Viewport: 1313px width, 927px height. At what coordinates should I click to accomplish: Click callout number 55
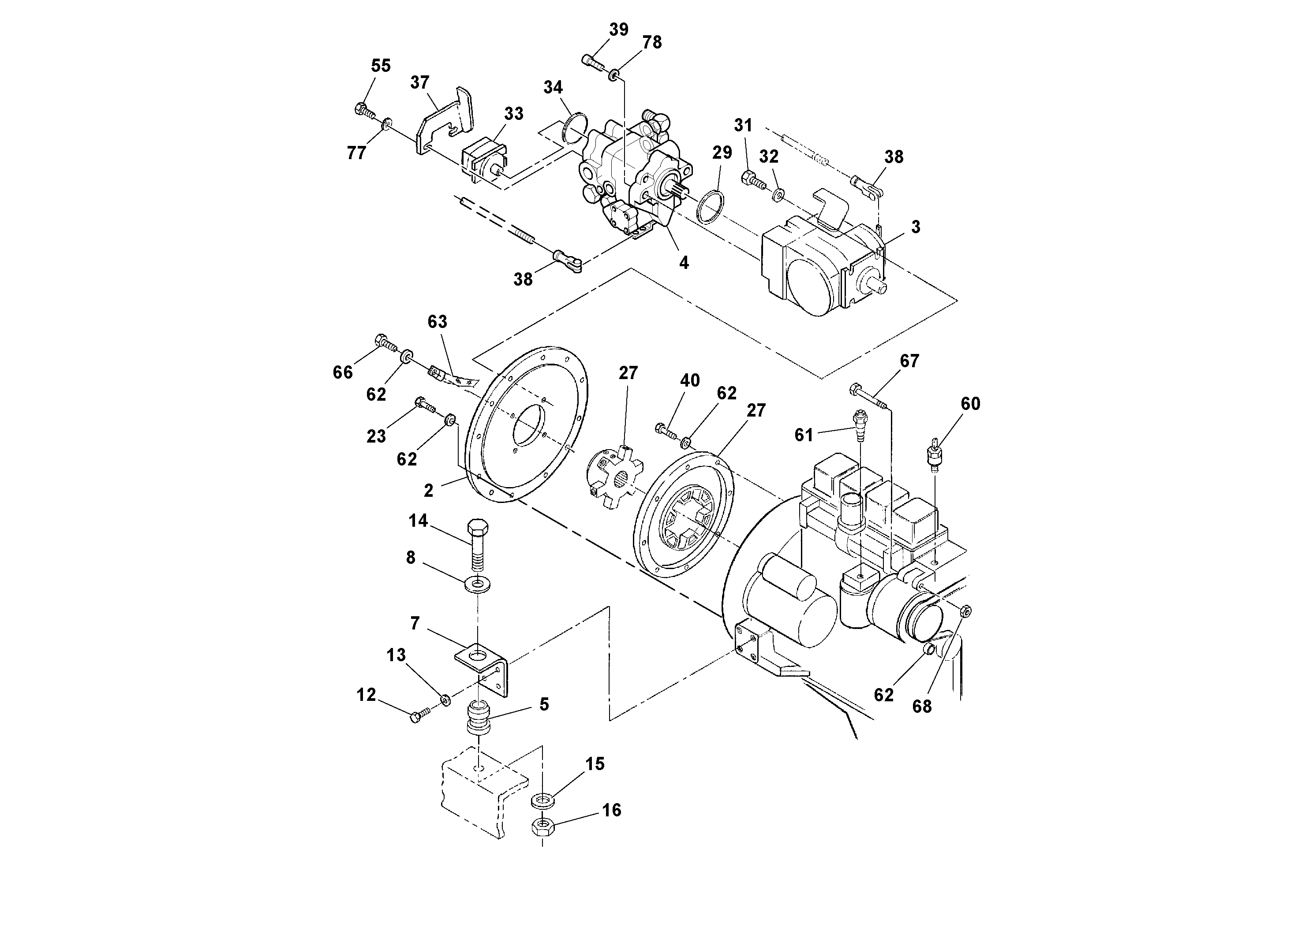point(381,66)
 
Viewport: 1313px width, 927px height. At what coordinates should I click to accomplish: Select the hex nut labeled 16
point(542,826)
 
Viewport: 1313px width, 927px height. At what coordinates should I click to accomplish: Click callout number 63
point(438,322)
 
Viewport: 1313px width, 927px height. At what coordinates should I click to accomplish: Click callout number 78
point(652,42)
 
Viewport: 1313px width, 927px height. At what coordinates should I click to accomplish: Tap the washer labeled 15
point(542,800)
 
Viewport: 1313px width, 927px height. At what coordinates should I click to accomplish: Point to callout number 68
point(922,707)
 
